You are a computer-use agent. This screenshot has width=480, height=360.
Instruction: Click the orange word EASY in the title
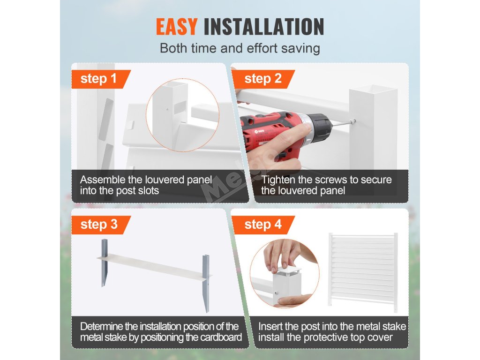point(177,27)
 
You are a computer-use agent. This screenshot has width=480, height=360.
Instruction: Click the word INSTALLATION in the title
point(264,27)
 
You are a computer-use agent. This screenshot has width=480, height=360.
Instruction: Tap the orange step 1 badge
point(101,79)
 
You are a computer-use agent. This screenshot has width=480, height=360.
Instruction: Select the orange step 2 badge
point(263,79)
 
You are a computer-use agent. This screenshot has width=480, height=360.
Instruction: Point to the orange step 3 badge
point(101,225)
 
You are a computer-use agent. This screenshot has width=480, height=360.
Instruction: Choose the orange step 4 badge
point(263,225)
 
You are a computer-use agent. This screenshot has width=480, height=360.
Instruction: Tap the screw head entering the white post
point(353,121)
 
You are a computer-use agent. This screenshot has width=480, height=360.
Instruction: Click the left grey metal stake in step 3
point(105,262)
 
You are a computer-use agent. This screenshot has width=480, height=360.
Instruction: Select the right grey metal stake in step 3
point(206,283)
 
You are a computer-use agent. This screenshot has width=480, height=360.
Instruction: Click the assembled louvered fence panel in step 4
point(363,272)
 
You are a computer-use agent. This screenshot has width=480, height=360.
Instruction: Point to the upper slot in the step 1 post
point(105,120)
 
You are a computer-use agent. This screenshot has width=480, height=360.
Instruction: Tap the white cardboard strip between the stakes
point(154,266)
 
